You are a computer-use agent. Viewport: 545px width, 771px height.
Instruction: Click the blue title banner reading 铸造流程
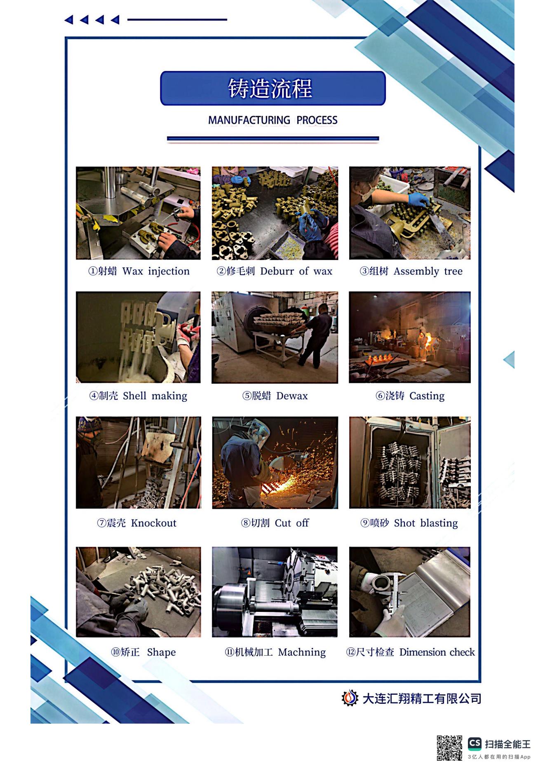[272, 88]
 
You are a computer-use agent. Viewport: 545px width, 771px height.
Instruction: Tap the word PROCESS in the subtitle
[317, 120]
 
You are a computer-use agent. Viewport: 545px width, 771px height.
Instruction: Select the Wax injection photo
[138, 213]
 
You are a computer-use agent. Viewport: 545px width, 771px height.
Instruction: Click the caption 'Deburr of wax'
[296, 271]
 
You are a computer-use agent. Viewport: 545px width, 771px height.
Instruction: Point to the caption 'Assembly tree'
[428, 272]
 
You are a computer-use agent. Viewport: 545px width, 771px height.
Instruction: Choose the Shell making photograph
[138, 337]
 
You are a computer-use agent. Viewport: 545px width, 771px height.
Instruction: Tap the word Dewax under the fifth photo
[292, 396]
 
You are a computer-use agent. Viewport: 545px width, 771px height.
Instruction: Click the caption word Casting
[427, 396]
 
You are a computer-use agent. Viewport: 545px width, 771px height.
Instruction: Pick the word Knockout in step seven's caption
[153, 523]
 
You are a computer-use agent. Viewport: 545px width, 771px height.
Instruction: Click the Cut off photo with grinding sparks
[275, 462]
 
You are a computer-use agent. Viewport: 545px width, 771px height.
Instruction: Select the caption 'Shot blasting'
[426, 523]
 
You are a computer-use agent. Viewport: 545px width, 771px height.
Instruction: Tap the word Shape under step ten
[161, 652]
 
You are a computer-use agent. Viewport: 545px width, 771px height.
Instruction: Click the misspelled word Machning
[302, 652]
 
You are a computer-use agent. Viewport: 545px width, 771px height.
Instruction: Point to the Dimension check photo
[410, 592]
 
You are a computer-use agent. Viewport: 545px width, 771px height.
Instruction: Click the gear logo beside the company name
[350, 698]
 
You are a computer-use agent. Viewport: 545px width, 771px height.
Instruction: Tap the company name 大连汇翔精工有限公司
[422, 698]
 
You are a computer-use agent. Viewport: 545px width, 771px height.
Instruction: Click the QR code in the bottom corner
[449, 748]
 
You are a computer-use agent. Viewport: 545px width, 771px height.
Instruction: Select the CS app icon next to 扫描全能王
[475, 743]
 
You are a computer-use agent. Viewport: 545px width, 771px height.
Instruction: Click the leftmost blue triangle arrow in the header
[69, 19]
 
